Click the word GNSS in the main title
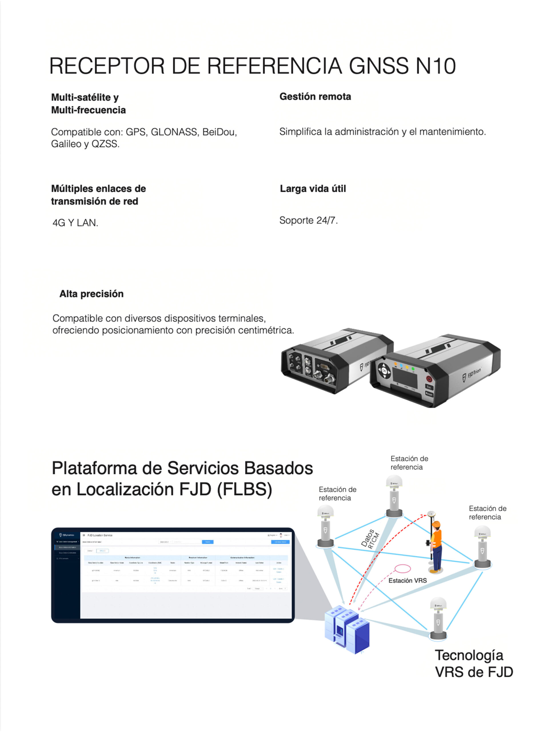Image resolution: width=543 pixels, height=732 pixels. [x=379, y=66]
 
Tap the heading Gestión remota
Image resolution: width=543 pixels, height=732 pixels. [x=315, y=97]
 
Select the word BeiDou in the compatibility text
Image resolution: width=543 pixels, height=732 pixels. [x=219, y=132]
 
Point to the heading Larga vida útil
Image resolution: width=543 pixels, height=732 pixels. [x=313, y=189]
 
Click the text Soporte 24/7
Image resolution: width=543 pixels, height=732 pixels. [x=308, y=220]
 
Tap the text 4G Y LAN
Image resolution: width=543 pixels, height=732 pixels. [x=75, y=223]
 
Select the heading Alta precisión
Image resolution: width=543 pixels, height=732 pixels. [x=91, y=294]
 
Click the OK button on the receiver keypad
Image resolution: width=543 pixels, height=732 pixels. [x=384, y=371]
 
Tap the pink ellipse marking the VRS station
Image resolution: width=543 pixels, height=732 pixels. [x=402, y=568]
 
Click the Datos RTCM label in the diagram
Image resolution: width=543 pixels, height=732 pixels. [x=370, y=539]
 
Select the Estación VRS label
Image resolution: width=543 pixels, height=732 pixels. [x=407, y=581]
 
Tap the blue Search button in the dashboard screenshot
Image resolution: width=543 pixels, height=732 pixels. [x=207, y=542]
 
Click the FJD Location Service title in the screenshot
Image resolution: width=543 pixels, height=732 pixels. [x=100, y=535]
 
